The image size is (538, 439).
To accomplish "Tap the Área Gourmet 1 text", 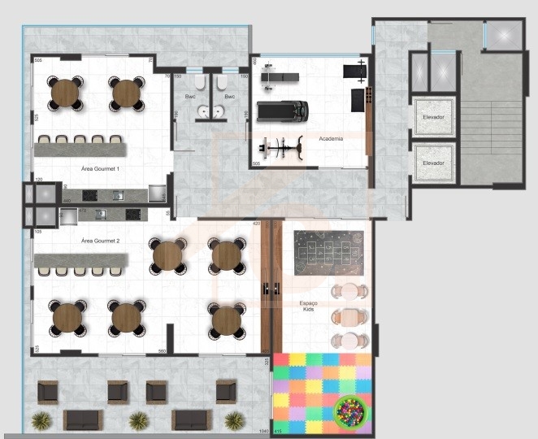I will (101, 168).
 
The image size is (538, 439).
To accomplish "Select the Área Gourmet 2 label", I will (101, 241).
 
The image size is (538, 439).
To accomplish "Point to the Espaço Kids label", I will (306, 306).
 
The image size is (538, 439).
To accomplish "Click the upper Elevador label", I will (434, 116).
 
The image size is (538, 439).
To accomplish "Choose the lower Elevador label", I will (434, 163).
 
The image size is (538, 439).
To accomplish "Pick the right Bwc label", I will (229, 97).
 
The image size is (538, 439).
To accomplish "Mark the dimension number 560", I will (163, 351).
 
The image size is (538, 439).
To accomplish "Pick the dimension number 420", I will (256, 223).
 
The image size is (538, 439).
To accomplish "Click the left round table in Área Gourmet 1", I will (67, 93).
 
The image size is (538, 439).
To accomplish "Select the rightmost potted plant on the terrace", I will (234, 419).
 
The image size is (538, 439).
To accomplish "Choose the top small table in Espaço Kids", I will (350, 292).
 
